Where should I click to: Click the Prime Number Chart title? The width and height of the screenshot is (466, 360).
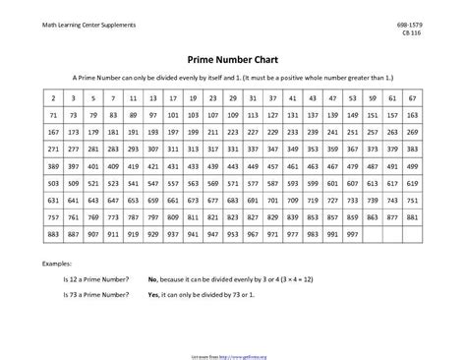pos(232,57)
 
